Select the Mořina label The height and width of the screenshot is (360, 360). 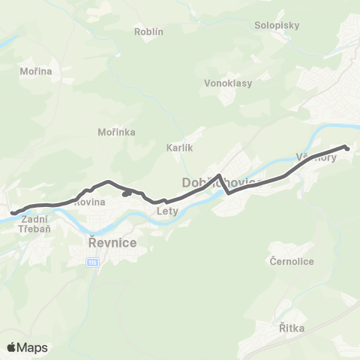pyautogui.click(x=35, y=71)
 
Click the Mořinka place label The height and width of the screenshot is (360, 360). pyautogui.click(x=116, y=132)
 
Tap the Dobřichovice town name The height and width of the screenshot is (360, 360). pyautogui.click(x=219, y=183)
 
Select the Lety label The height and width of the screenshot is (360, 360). pyautogui.click(x=166, y=211)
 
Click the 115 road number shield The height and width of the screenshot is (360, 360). pyautogui.click(x=91, y=262)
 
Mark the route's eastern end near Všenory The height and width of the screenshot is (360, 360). pyautogui.click(x=347, y=148)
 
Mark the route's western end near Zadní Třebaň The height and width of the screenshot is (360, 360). pyautogui.click(x=13, y=213)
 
